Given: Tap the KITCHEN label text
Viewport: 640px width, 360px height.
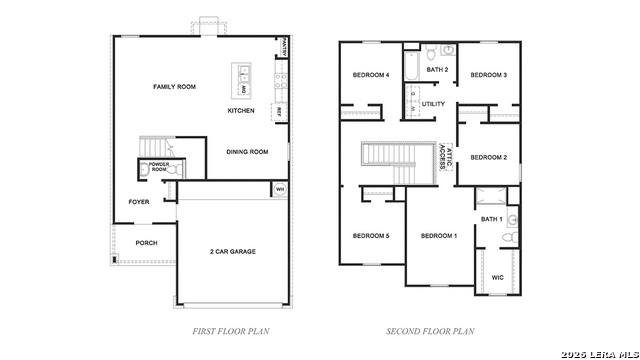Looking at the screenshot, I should tap(241, 110).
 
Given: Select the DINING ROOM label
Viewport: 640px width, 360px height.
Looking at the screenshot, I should tap(247, 152).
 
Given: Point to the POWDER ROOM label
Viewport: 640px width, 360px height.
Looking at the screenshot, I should tap(159, 167).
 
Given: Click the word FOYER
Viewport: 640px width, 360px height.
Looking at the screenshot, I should tap(139, 202).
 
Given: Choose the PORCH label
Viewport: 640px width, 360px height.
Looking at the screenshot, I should tap(146, 243).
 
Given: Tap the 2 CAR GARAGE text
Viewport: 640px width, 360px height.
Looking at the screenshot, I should tap(233, 252).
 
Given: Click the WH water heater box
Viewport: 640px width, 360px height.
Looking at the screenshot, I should tap(279, 189).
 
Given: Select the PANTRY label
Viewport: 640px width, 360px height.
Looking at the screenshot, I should tap(285, 47).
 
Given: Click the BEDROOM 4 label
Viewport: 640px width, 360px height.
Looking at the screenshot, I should tap(370, 76).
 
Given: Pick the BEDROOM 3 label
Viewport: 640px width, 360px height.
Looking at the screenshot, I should tap(489, 75).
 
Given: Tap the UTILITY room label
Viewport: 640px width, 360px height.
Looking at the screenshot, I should tap(433, 104).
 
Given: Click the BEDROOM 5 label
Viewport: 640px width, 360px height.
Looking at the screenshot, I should tap(371, 236).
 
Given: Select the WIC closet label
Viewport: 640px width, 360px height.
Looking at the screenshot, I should tap(497, 278).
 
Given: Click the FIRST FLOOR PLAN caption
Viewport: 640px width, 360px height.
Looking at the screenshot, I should tap(230, 330).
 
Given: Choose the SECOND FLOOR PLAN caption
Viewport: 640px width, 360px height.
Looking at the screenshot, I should tap(430, 330).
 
